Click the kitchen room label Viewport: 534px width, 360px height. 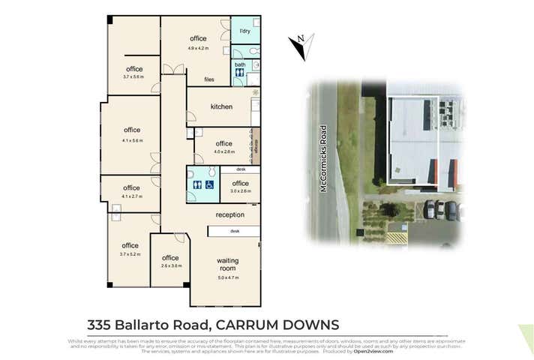coord(221,107)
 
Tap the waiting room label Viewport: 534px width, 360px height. coord(226,264)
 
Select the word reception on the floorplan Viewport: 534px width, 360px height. coord(230,215)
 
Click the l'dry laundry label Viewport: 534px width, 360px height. coord(244,31)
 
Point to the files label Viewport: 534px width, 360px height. coord(210,79)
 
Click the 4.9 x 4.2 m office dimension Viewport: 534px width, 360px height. coord(198,48)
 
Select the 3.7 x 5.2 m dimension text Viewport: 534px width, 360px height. coord(130,254)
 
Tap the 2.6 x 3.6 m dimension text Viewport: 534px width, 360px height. coord(171,266)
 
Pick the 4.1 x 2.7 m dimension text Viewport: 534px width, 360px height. coord(131,196)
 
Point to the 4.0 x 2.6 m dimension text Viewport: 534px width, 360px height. coord(223,152)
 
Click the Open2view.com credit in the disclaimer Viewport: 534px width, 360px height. coord(374,350)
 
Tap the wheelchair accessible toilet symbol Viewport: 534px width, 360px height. coord(210,184)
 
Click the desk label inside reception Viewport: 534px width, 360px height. coord(235,232)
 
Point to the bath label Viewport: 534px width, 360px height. coord(240,65)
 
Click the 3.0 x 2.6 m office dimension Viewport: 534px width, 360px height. coord(240,191)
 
